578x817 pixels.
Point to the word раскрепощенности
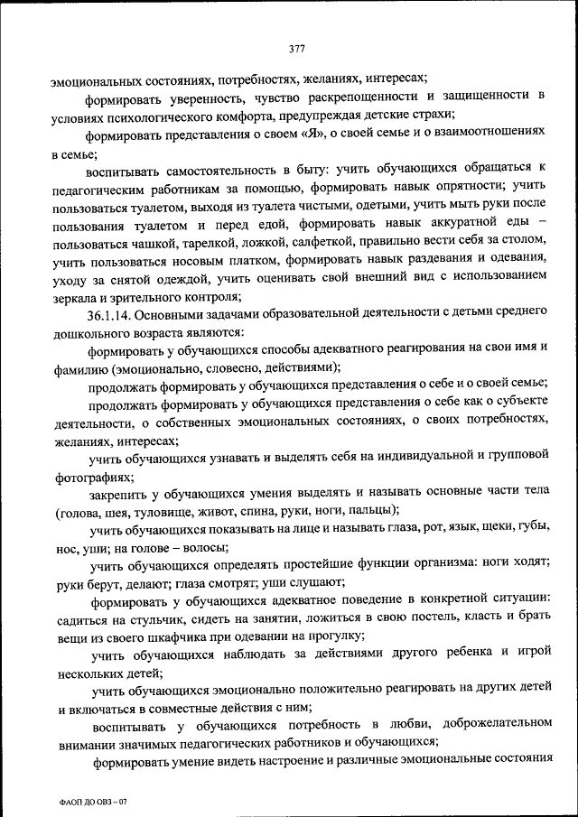[355, 97]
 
